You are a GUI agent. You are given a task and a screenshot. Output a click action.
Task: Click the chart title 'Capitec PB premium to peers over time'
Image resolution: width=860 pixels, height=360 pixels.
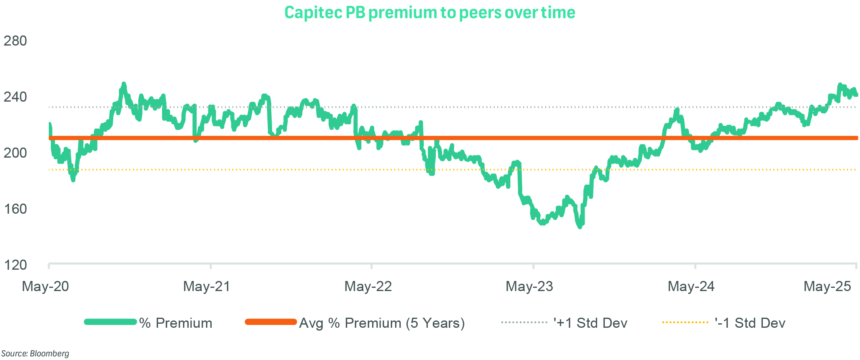(430, 12)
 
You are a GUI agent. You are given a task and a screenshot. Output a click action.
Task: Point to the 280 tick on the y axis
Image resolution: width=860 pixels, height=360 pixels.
(15, 41)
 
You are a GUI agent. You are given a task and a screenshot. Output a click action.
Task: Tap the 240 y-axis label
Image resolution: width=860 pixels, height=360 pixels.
(15, 97)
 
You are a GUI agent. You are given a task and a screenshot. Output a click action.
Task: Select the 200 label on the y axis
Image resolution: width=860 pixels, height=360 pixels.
(15, 153)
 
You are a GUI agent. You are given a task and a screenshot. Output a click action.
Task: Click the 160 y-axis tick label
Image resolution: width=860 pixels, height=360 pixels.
(15, 209)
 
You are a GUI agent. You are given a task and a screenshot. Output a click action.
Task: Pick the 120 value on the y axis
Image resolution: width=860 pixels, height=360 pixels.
(15, 265)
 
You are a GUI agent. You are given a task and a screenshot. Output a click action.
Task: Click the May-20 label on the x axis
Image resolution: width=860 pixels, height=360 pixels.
(45, 286)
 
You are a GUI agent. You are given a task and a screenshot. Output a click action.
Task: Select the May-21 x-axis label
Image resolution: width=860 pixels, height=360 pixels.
(206, 286)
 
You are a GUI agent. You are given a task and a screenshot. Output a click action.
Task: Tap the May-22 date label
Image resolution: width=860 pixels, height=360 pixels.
(368, 286)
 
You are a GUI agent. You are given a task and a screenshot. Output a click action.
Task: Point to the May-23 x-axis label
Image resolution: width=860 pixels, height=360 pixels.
(529, 286)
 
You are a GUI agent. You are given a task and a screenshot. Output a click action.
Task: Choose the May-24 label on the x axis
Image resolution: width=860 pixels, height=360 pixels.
(691, 286)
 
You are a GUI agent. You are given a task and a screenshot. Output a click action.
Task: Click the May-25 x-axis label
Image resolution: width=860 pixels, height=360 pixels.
(827, 286)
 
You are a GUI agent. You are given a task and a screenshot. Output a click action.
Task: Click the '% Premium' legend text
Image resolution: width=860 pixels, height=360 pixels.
(176, 323)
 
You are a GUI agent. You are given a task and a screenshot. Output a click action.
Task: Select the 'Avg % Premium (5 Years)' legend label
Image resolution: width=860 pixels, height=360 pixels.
(382, 323)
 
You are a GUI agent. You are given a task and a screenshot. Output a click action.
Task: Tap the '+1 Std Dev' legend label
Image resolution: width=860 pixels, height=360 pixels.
(591, 323)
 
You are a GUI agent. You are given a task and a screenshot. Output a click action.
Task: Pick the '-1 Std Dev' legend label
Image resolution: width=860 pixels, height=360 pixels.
(750, 323)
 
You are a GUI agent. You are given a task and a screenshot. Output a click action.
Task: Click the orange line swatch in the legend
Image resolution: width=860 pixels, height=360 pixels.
(271, 322)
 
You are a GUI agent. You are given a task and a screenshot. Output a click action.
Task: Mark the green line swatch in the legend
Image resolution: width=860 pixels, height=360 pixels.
(110, 322)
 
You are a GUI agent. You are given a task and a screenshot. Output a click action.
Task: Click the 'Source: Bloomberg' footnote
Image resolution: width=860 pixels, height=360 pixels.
(35, 354)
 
